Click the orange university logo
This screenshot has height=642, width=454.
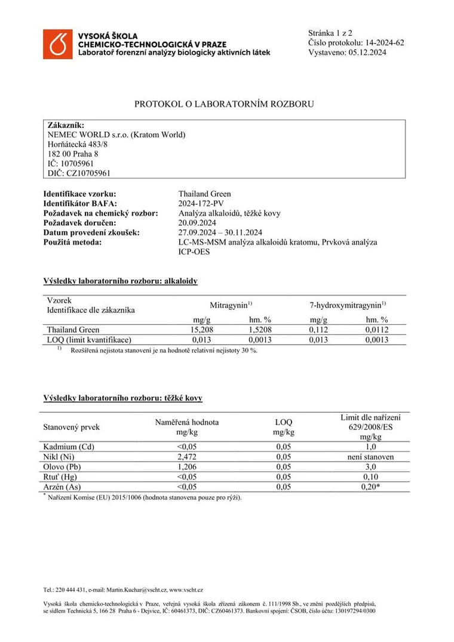57,44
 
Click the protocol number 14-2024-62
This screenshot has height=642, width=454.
384,42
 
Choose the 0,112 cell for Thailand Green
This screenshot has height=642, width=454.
318,330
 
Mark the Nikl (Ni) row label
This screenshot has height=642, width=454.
60,457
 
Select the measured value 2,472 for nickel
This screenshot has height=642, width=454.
187,457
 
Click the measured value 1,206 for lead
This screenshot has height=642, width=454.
187,466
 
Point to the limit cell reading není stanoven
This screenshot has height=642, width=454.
370,457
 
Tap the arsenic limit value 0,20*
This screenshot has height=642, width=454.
370,487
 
